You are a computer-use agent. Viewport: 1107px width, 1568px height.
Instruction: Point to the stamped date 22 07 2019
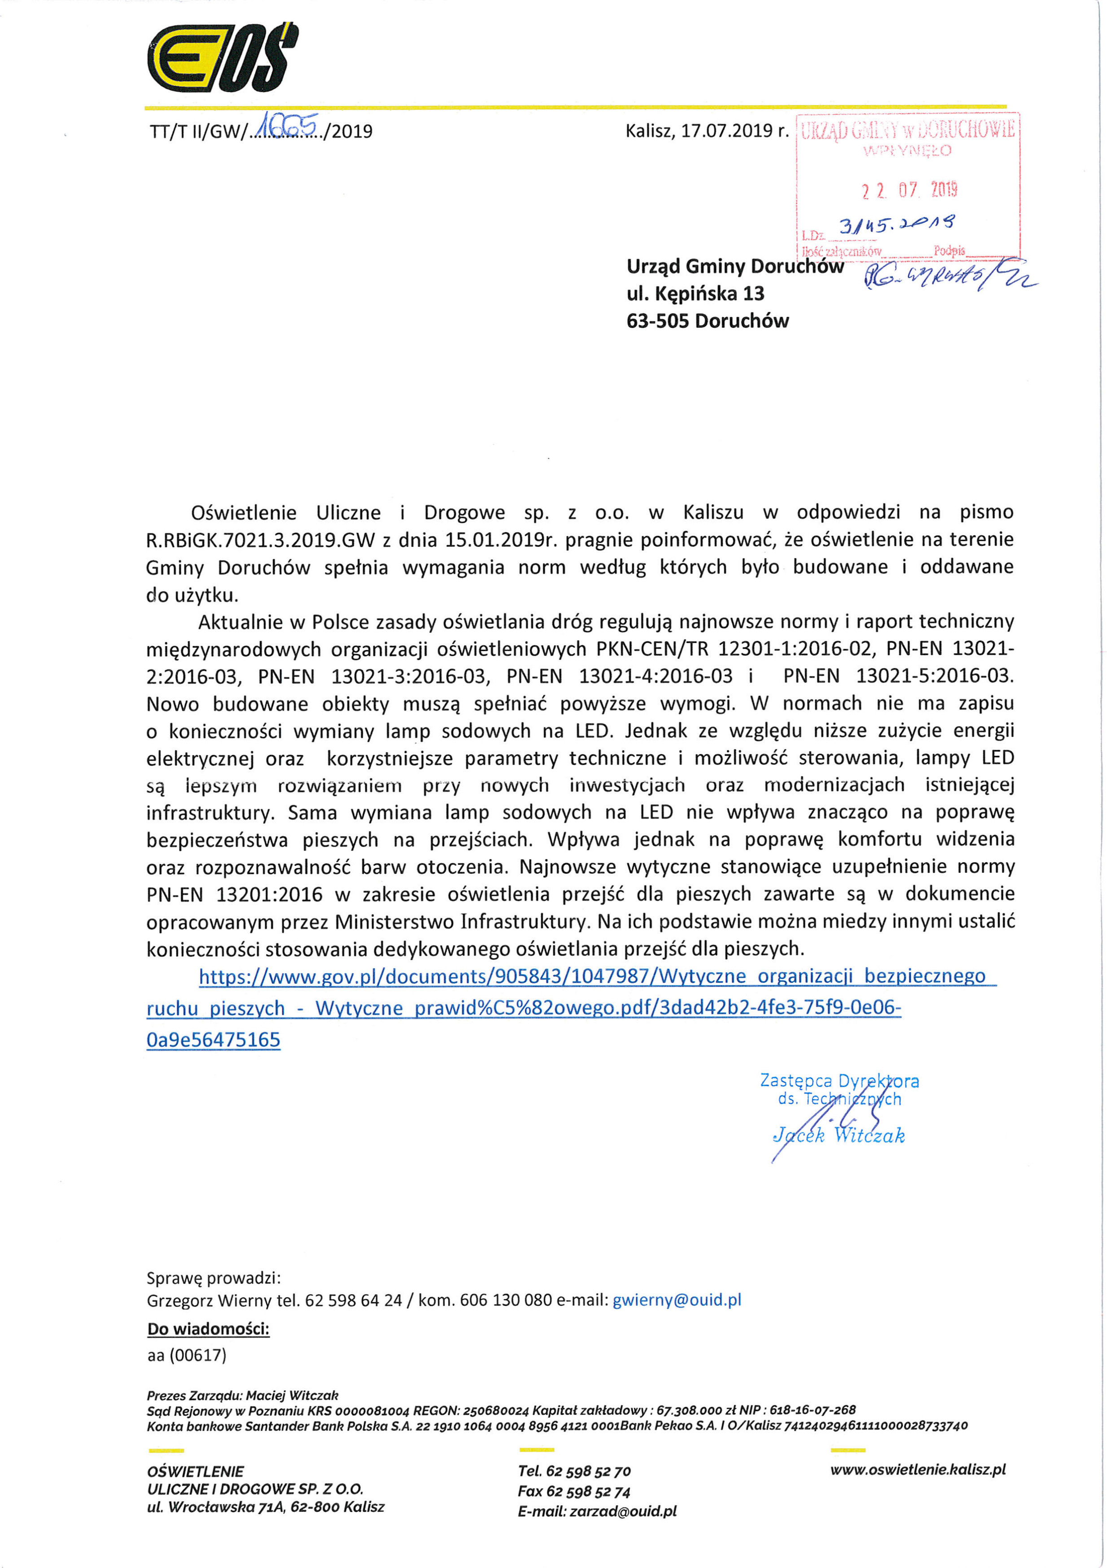909,189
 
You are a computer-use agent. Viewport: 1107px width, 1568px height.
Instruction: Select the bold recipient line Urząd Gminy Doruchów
734,266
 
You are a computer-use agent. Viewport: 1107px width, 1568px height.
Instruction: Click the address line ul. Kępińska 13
695,294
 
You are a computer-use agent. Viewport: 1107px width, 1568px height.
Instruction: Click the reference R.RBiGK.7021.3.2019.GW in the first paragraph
261,540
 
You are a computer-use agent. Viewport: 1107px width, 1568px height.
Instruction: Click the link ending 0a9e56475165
213,1040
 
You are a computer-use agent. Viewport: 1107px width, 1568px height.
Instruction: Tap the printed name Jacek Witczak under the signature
839,1135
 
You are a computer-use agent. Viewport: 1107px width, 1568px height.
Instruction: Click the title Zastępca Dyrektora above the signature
839,1080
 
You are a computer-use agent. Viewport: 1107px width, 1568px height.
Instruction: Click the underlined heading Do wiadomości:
208,1329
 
